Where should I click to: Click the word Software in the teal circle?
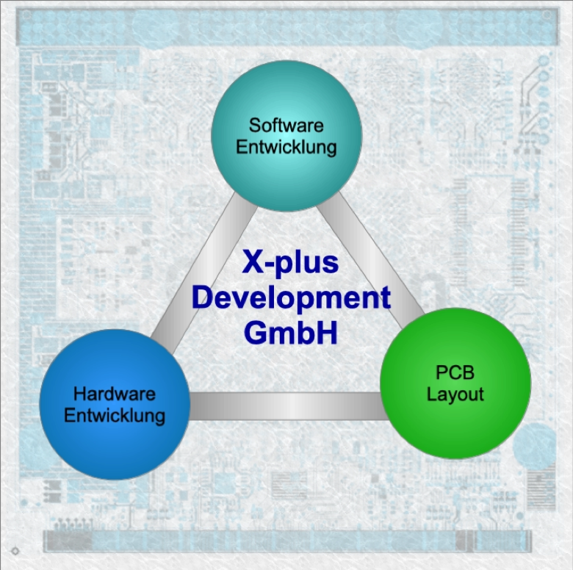tap(286, 125)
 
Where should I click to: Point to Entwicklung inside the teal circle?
tap(286, 146)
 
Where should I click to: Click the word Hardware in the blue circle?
tap(115, 394)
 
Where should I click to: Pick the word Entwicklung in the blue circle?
tap(115, 415)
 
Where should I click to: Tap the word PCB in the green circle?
tap(455, 373)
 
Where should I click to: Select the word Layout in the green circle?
tap(455, 394)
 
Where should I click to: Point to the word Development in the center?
tap(290, 297)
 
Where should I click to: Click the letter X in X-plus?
tap(252, 263)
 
